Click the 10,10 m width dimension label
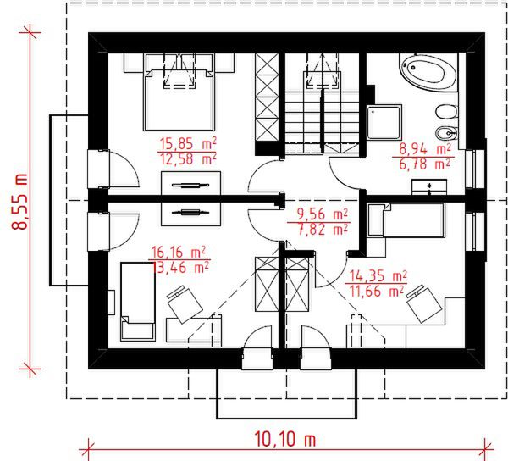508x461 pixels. pyautogui.click(x=284, y=440)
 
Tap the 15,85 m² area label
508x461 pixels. pyautogui.click(x=187, y=143)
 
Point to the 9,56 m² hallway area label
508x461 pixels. pyautogui.click(x=322, y=214)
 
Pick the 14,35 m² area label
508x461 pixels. pyautogui.click(x=378, y=276)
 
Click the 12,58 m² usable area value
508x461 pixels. pyautogui.click(x=187, y=158)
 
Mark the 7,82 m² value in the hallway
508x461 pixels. pyautogui.click(x=322, y=229)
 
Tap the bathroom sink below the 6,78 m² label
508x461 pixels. pyautogui.click(x=428, y=188)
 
